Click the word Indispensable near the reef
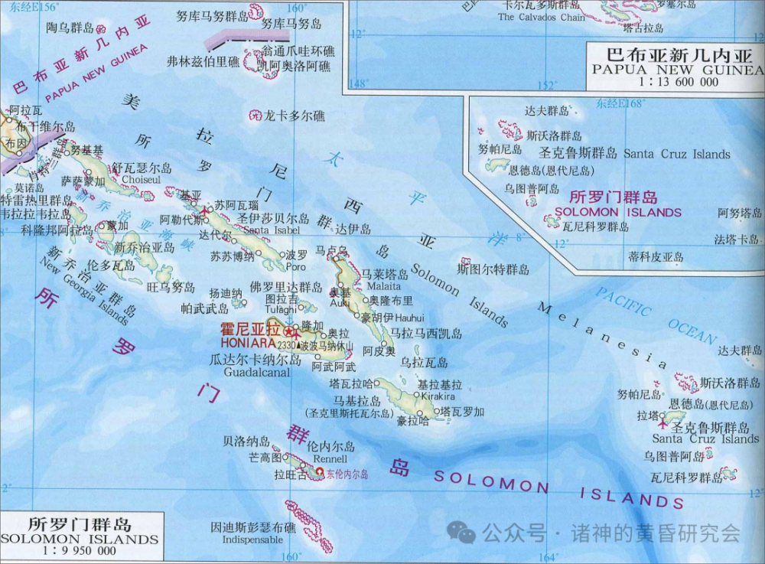pyautogui.click(x=242, y=539)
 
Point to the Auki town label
pyautogui.click(x=340, y=302)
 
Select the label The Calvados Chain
pyautogui.click(x=541, y=17)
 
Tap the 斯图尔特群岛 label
pyautogui.click(x=493, y=269)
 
